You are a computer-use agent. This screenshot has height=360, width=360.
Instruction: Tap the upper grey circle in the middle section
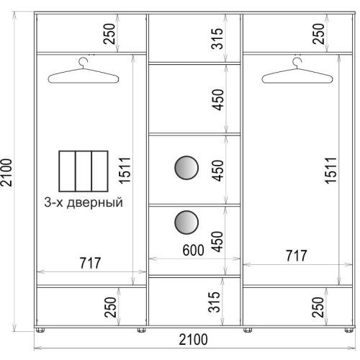pyautogui.click(x=186, y=168)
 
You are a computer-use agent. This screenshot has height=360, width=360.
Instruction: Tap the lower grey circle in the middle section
pyautogui.click(x=186, y=222)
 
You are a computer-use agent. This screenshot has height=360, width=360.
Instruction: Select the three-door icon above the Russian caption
pyautogui.click(x=84, y=171)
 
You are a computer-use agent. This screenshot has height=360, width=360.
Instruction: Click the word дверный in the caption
pyautogui.click(x=95, y=203)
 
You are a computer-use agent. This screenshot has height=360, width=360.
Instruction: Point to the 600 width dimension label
pyautogui.click(x=193, y=250)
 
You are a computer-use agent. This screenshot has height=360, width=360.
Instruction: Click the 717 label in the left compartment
pyautogui.click(x=90, y=263)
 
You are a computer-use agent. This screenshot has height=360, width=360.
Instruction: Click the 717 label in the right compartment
pyautogui.click(x=296, y=256)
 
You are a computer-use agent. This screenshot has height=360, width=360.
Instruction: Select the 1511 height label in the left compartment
pyautogui.click(x=125, y=171)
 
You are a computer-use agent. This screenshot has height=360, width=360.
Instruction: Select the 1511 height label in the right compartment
pyautogui.click(x=330, y=171)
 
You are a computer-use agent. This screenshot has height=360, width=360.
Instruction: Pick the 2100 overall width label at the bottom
pyautogui.click(x=193, y=340)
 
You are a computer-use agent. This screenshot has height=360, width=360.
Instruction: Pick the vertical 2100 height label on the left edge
pyautogui.click(x=6, y=172)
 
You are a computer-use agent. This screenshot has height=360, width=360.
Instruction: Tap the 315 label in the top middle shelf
pyautogui.click(x=217, y=39)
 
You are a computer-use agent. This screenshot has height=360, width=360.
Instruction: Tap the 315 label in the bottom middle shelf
pyautogui.click(x=214, y=302)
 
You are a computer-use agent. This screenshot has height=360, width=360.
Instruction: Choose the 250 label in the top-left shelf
pyautogui.click(x=109, y=34)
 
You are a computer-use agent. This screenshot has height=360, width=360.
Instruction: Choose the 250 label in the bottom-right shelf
pyautogui.click(x=318, y=307)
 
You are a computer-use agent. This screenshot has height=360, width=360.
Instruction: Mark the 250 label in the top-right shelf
pyautogui.click(x=318, y=34)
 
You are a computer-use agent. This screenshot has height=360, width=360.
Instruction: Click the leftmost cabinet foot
pyautogui.click(x=40, y=330)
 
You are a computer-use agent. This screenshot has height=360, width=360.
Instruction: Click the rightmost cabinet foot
pyautogui.click(x=348, y=330)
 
